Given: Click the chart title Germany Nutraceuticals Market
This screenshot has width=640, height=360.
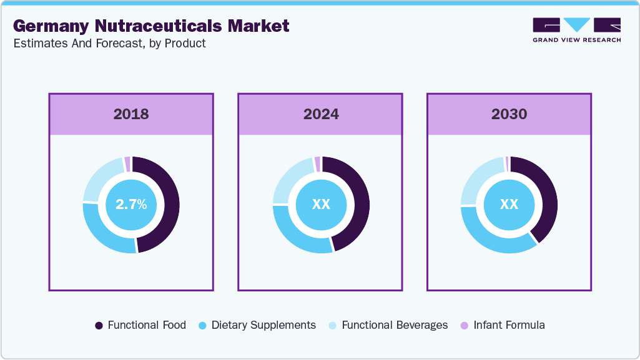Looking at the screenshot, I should pos(151,26).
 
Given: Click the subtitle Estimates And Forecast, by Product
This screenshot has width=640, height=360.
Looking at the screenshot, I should pos(109,44).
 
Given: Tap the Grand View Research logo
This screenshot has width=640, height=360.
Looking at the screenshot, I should pos(576,29).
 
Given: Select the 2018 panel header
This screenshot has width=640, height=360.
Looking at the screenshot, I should pos(131,114).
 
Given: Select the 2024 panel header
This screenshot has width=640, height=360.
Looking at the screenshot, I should pos(321,114).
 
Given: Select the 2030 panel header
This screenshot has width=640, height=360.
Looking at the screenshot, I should pos(509,114).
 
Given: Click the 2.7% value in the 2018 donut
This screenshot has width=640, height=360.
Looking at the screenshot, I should pos(131,205).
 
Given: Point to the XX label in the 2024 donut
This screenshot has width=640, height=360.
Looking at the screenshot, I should pos(321,205).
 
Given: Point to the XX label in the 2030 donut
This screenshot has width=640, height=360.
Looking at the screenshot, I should pos(509,205).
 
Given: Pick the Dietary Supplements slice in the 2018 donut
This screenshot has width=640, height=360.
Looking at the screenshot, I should pos(106,233).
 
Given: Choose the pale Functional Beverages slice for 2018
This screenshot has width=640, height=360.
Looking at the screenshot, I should pos(100,177).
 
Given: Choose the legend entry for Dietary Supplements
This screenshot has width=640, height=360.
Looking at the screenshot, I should pos(257,325).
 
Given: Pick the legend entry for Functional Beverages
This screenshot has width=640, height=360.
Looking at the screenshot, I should pos(388,325).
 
